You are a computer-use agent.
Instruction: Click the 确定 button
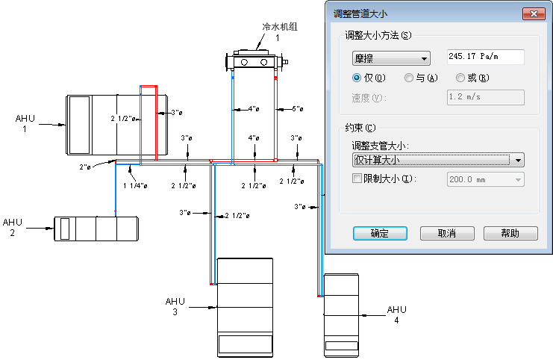pyautogui.click(x=379, y=233)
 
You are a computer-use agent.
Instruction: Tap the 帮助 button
pyautogui.click(x=510, y=233)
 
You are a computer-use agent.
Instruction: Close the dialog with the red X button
pyautogui.click(x=534, y=13)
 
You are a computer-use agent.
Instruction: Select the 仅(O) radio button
pyautogui.click(x=357, y=78)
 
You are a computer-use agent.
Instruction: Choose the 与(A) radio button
pyautogui.click(x=408, y=78)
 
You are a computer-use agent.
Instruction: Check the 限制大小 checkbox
pyautogui.click(x=357, y=179)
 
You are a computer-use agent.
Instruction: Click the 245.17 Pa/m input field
pyautogui.click(x=484, y=57)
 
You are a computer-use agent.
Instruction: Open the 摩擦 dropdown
pyautogui.click(x=391, y=58)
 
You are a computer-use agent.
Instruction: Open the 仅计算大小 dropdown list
pyautogui.click(x=437, y=159)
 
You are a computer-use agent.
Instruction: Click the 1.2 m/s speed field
pyautogui.click(x=484, y=97)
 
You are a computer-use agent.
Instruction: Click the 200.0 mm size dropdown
pyautogui.click(x=484, y=179)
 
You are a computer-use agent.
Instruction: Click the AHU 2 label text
pyautogui.click(x=13, y=227)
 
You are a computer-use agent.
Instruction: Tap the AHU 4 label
pyautogui.click(x=396, y=314)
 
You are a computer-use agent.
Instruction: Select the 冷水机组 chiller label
pyautogui.click(x=280, y=27)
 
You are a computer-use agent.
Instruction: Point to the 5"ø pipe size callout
pyautogui.click(x=297, y=109)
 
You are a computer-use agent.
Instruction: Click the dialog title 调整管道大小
pyautogui.click(x=359, y=13)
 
